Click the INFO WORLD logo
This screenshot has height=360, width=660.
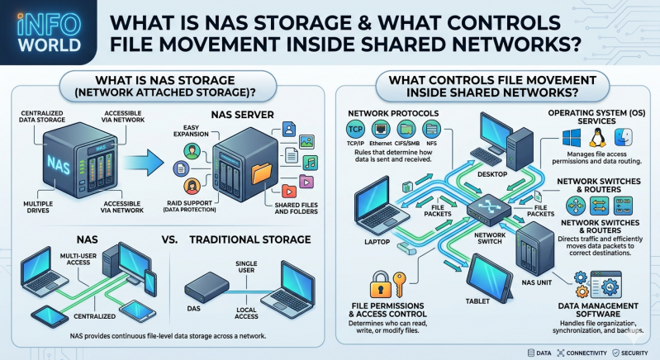pyautogui.click(x=50, y=33)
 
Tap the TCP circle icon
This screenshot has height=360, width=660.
pyautogui.click(x=355, y=129)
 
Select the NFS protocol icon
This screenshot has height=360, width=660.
pyautogui.click(x=431, y=129)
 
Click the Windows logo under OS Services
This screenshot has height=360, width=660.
pyautogui.click(x=571, y=138)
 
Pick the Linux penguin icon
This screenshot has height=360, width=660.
pyautogui.click(x=597, y=138)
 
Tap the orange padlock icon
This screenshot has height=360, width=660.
pyautogui.click(x=380, y=285)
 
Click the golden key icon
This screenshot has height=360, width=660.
pyautogui.click(x=399, y=285)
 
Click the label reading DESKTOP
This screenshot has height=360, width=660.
pyautogui.click(x=492, y=174)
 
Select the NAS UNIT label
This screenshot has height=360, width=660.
pyautogui.click(x=536, y=282)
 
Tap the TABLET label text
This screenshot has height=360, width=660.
pyautogui.click(x=477, y=301)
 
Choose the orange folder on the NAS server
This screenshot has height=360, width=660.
pyautogui.click(x=262, y=173)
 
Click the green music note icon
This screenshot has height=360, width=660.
pyautogui.click(x=311, y=163)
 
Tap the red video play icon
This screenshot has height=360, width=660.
pyautogui.click(x=289, y=192)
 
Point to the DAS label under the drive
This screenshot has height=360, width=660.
pyautogui.click(x=193, y=308)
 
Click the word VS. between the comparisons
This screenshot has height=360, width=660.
pyautogui.click(x=169, y=239)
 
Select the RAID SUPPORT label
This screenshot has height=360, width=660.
pyautogui.click(x=189, y=203)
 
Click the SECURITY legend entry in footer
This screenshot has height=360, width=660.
pyautogui.click(x=630, y=353)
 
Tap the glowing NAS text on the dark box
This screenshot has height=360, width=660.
pyautogui.click(x=59, y=163)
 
